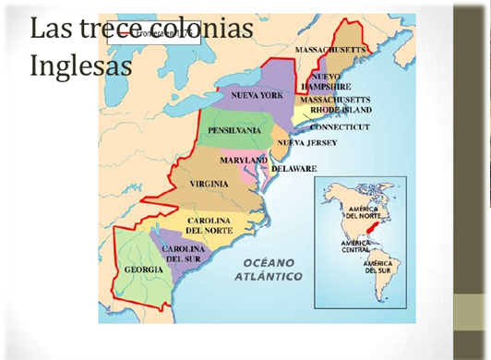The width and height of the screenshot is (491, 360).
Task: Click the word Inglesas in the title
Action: [x=81, y=66]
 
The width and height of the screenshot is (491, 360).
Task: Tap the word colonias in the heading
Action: [x=201, y=28]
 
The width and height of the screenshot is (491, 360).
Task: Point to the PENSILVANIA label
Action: [x=234, y=131]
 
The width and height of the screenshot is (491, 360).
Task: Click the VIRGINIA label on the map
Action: [x=209, y=184]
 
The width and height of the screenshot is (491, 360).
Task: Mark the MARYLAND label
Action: [x=243, y=161]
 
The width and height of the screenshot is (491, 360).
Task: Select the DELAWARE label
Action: [x=293, y=169]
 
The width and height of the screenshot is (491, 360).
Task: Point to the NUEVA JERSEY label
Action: [x=307, y=143]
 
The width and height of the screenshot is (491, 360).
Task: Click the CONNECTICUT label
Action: [x=339, y=126]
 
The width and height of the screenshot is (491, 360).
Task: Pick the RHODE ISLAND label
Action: [x=336, y=110]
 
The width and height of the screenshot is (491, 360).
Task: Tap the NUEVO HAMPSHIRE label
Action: [x=328, y=80]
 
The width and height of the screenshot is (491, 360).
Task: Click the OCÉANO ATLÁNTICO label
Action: [x=268, y=269]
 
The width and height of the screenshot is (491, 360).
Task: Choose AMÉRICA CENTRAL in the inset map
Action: [x=355, y=246]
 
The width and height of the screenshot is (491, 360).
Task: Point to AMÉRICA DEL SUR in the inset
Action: [x=382, y=268]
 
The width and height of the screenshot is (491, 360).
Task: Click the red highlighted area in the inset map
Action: [x=372, y=224]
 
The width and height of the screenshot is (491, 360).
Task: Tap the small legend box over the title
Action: [x=154, y=34]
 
